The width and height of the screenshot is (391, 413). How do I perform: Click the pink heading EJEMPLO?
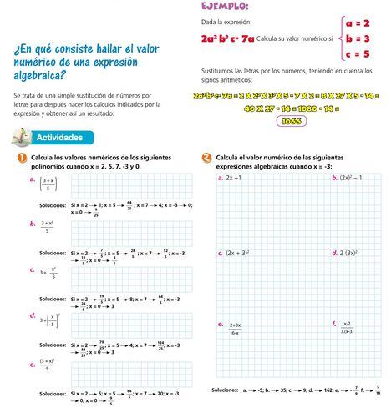point(225,8)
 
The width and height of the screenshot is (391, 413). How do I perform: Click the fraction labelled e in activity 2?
point(235,328)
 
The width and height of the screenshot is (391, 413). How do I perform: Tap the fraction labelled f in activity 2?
point(347,327)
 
